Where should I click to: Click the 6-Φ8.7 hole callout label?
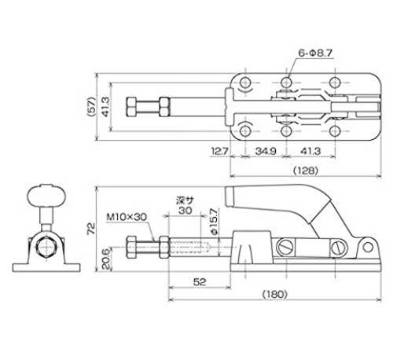point(315,53)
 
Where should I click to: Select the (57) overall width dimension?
point(91,107)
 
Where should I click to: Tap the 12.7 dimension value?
point(220,151)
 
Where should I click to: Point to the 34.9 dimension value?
point(266,151)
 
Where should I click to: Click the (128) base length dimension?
point(306,171)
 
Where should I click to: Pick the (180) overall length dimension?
point(275,294)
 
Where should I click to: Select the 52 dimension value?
point(200,282)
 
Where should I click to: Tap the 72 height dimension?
point(91,229)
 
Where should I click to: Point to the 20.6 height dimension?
point(106,259)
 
